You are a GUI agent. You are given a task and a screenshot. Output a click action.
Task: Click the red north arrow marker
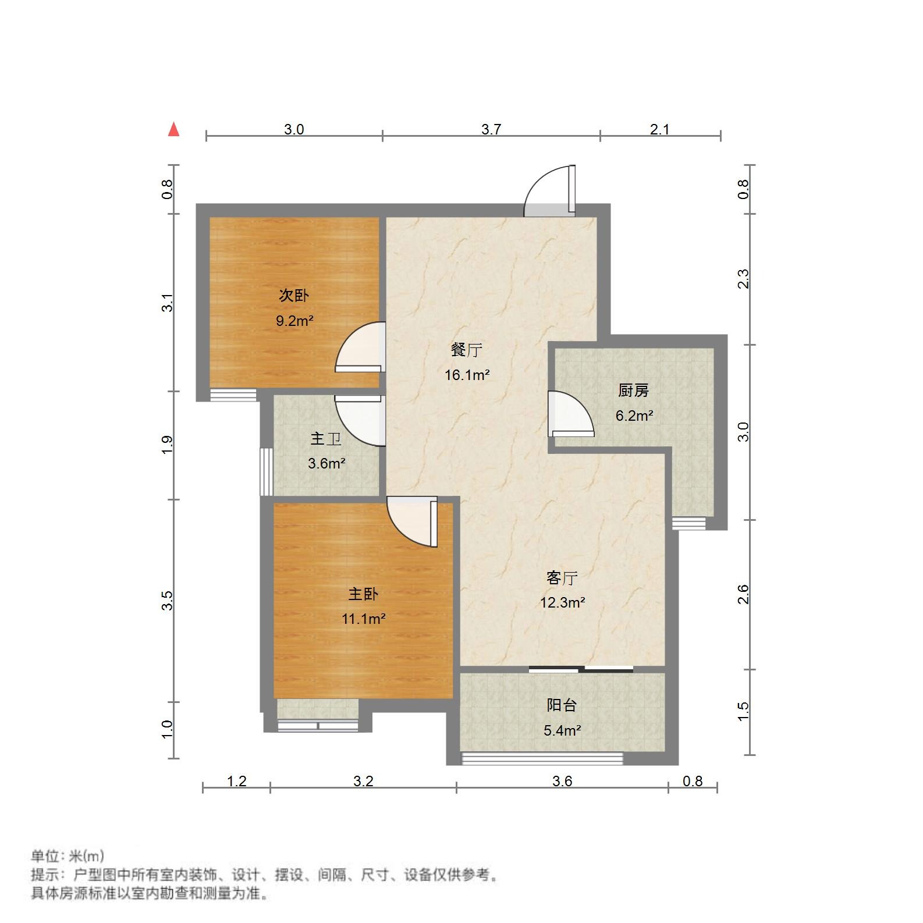pos(173,129)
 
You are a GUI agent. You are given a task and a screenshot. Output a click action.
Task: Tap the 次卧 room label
pos(294,296)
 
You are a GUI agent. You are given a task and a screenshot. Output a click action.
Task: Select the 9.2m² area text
pos(294,321)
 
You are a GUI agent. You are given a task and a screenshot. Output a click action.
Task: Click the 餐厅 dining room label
pos(467,350)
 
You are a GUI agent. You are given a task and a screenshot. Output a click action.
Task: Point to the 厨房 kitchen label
pos(633,390)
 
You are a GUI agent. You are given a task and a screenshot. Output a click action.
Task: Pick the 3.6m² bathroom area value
pos(326,464)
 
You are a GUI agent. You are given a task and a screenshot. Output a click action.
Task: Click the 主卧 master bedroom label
pos(363,594)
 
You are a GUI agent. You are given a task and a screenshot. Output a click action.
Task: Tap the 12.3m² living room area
pos(562,603)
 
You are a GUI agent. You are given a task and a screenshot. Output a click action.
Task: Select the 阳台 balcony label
pos(562,705)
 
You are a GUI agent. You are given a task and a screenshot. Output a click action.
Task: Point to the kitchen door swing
pos(570,414)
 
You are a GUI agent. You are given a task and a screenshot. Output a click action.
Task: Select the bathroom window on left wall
pos(266,471)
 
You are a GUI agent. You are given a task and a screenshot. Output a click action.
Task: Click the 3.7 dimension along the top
pos(491,129)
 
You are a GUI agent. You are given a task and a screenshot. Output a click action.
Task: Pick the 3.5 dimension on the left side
pos(168,600)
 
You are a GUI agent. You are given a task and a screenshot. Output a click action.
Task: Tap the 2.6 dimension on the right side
pos(743,594)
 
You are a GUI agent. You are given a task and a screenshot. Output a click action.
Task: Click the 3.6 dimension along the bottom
pos(562,781)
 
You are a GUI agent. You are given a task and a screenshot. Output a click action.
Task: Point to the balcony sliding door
pos(581,669)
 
